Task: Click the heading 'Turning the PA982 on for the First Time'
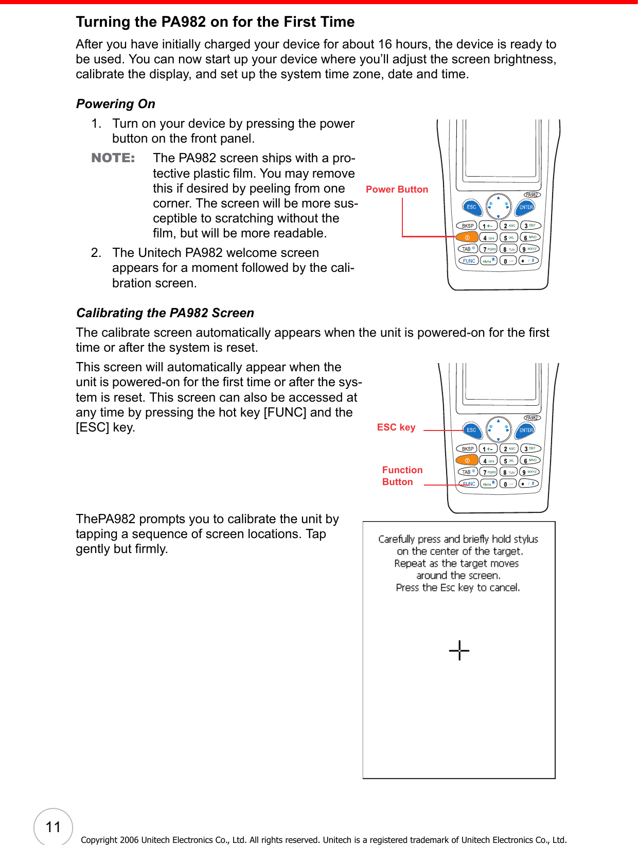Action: coord(215,22)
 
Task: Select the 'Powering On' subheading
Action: coord(116,104)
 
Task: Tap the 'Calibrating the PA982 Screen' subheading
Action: coord(165,313)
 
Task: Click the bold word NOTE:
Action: coord(113,158)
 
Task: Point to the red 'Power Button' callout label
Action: coord(397,189)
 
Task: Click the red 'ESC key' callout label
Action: coord(396,427)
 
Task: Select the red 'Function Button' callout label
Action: coord(402,476)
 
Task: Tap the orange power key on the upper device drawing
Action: coord(467,237)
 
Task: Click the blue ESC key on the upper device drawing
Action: coord(471,207)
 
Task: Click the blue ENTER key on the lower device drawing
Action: coord(526,430)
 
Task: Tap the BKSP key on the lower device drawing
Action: coord(467,449)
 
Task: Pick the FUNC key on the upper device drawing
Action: coord(469,261)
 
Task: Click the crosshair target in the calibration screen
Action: coord(459,650)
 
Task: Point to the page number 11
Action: coord(54,827)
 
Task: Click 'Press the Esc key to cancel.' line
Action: coord(458,588)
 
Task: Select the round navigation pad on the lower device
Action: coord(498,429)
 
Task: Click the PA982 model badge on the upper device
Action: coord(532,195)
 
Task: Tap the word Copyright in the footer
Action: coord(99,840)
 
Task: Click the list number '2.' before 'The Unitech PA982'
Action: coord(96,253)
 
